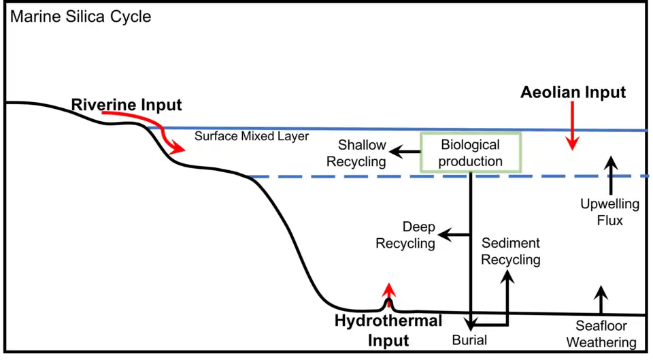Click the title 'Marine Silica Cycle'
pyautogui.click(x=80, y=16)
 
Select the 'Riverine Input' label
pyautogui.click(x=127, y=105)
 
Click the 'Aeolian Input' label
pyautogui.click(x=573, y=93)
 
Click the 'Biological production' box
pyautogui.click(x=471, y=153)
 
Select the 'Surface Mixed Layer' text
pyautogui.click(x=252, y=136)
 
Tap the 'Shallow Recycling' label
pyautogui.click(x=356, y=153)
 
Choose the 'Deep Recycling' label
pyautogui.click(x=406, y=235)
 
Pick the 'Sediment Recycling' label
pyautogui.click(x=510, y=251)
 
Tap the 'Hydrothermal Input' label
pyautogui.click(x=388, y=330)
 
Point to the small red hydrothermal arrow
pyautogui.click(x=388, y=289)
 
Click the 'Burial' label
pyautogui.click(x=469, y=339)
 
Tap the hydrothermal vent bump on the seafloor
pyautogui.click(x=388, y=304)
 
